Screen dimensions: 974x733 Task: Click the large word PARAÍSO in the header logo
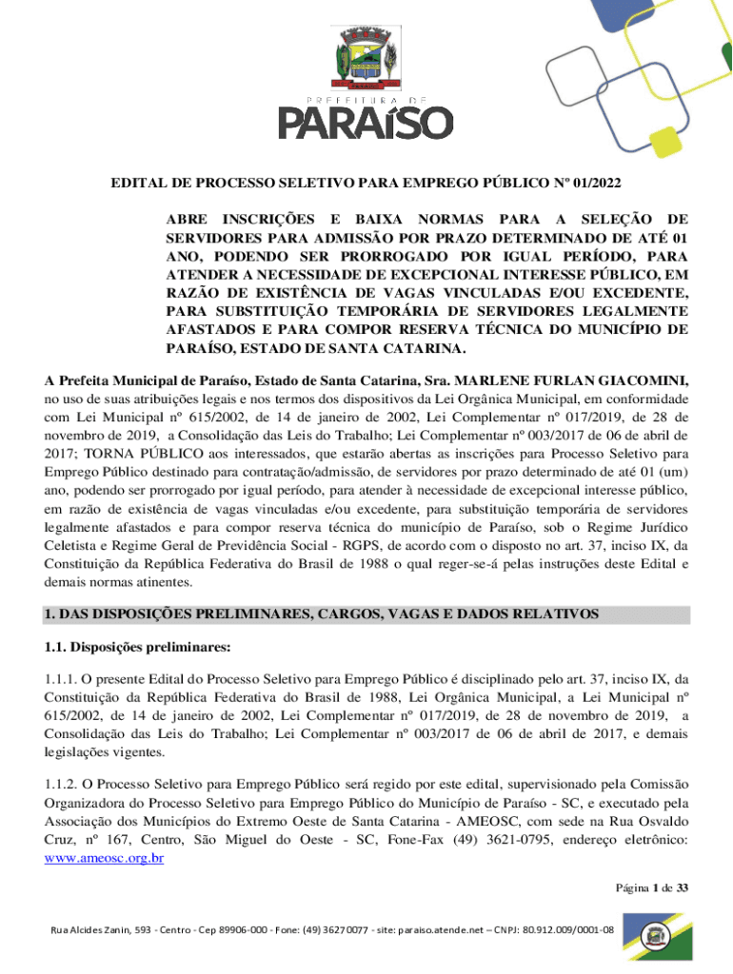366,123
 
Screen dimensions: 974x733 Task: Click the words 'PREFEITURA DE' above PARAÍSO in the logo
366,97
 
